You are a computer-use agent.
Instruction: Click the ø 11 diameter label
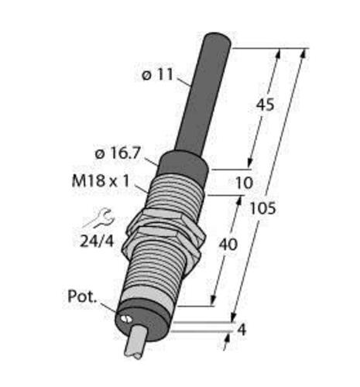(x=157, y=75)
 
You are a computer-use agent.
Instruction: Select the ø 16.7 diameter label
(x=118, y=154)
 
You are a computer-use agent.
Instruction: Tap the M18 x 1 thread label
(x=100, y=181)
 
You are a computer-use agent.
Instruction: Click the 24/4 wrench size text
(x=97, y=241)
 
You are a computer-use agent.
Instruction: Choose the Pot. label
(x=82, y=296)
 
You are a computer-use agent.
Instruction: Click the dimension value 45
(x=265, y=105)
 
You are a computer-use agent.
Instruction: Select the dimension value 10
(x=244, y=183)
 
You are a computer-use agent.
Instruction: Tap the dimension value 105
(x=263, y=208)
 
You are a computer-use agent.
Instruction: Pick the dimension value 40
(x=228, y=245)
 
